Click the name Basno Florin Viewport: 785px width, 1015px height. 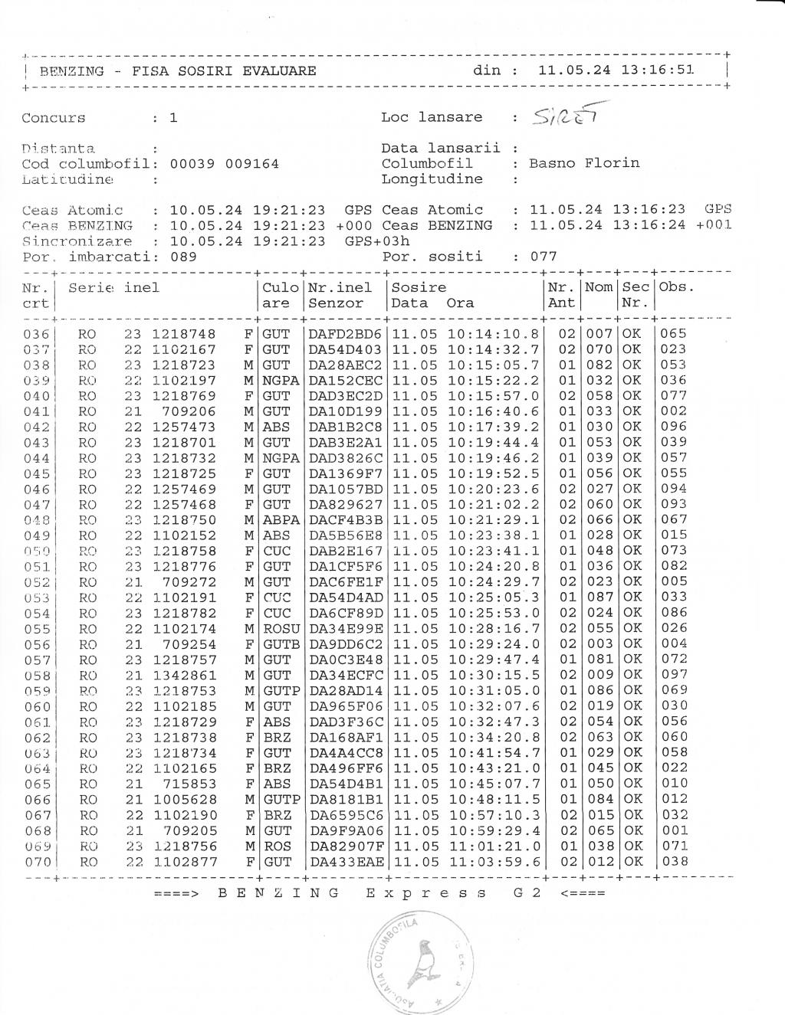(583, 163)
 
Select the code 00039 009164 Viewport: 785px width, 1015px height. (224, 163)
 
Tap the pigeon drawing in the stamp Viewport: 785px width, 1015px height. (421, 967)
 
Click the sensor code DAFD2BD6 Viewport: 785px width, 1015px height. (345, 334)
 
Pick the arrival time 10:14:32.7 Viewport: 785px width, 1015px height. (494, 349)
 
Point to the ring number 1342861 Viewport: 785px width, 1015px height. (185, 676)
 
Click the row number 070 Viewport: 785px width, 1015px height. (37, 862)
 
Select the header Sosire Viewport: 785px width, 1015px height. (419, 288)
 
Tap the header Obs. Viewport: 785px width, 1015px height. (676, 288)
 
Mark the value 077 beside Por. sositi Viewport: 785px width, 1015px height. (544, 257)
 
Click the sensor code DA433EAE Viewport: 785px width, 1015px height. (345, 862)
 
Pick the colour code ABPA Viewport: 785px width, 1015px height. (281, 520)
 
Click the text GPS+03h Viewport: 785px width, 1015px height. (377, 241)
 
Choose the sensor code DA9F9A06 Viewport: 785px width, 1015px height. (345, 831)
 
